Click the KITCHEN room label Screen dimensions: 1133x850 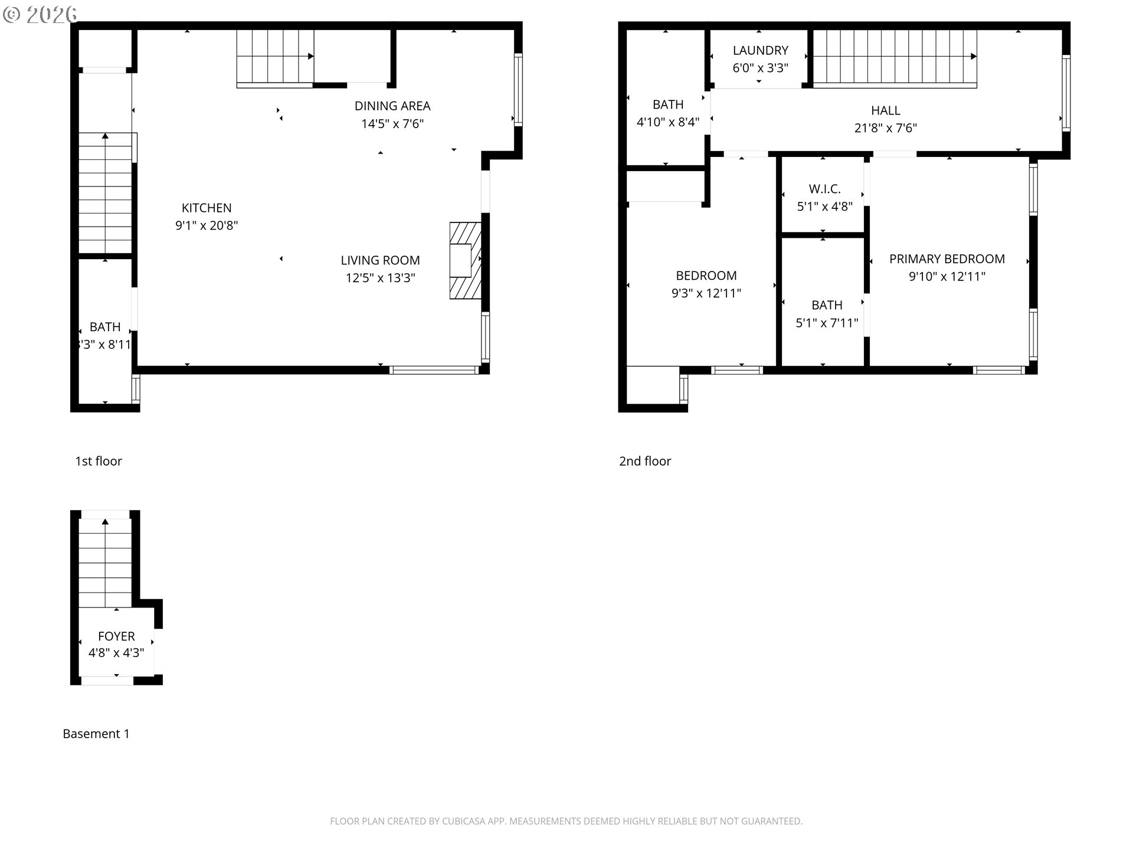pyautogui.click(x=207, y=208)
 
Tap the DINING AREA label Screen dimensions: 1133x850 pyautogui.click(x=392, y=106)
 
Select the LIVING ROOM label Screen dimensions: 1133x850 pyautogui.click(x=380, y=260)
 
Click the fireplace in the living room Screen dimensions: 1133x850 pyautogui.click(x=466, y=260)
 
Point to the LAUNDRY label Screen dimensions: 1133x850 pyautogui.click(x=761, y=51)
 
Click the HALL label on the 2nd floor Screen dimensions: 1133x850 pyautogui.click(x=886, y=110)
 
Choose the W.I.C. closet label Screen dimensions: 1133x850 pyautogui.click(x=825, y=189)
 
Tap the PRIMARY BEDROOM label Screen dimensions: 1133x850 pyautogui.click(x=947, y=259)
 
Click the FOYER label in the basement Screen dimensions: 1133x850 pyautogui.click(x=116, y=636)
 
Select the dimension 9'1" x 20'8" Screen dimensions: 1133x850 pyautogui.click(x=207, y=225)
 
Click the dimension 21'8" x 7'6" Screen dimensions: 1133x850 pyautogui.click(x=886, y=128)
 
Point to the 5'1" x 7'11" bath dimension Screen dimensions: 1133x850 pyautogui.click(x=827, y=323)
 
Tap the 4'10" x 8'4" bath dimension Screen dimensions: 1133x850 pyautogui.click(x=668, y=122)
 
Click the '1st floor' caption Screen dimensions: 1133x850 pyautogui.click(x=99, y=462)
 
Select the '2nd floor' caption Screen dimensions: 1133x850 pyautogui.click(x=645, y=462)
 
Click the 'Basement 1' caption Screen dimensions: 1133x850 pyautogui.click(x=96, y=734)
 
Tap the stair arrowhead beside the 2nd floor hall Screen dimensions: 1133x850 pyautogui.click(x=974, y=57)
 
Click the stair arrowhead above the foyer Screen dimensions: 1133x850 pyautogui.click(x=105, y=521)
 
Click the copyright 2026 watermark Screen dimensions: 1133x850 pyautogui.click(x=40, y=15)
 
